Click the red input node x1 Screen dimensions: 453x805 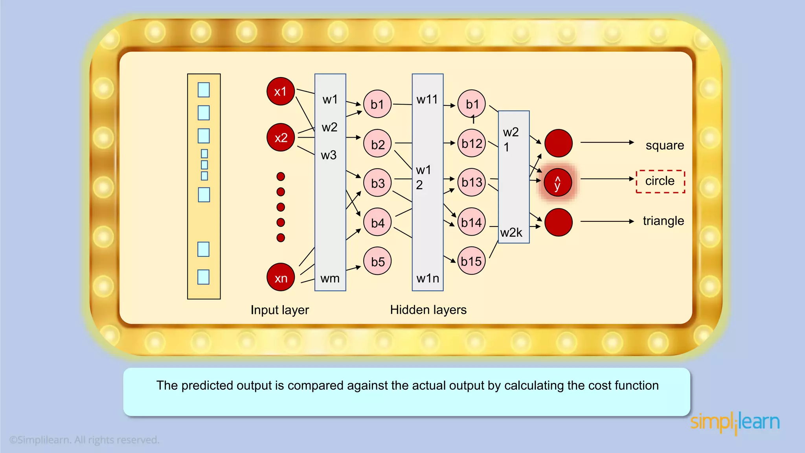(x=281, y=91)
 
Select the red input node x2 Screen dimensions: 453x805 (x=281, y=138)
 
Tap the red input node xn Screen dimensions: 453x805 (x=281, y=278)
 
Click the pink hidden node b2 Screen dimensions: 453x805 (x=377, y=144)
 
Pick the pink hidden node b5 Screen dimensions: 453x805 (x=377, y=261)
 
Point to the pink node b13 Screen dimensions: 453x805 (x=472, y=182)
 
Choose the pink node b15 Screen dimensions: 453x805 (x=472, y=261)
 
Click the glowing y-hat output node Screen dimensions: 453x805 (x=558, y=182)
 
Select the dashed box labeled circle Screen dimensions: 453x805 (x=660, y=181)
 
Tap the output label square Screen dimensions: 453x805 (x=665, y=145)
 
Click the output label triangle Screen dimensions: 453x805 (x=663, y=221)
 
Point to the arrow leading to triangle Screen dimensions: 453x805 (x=607, y=221)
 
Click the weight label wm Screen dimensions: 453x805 (x=330, y=278)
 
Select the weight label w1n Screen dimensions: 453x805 (x=428, y=278)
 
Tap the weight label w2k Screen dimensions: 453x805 (x=511, y=233)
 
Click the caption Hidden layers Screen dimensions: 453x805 (x=428, y=310)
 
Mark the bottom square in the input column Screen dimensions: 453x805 (x=203, y=277)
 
